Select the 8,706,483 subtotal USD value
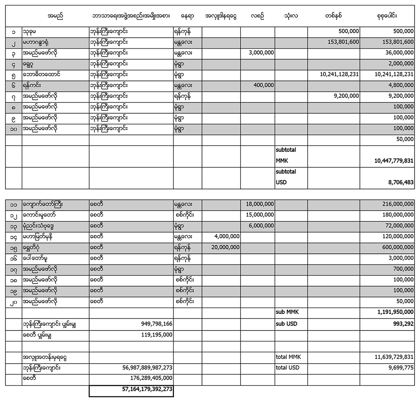pos(397,182)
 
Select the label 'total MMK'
pos(289,357)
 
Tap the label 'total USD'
pos(288,368)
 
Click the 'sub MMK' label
pos(286,312)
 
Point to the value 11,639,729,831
pos(390,357)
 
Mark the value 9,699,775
pos(399,368)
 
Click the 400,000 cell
pos(264,85)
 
